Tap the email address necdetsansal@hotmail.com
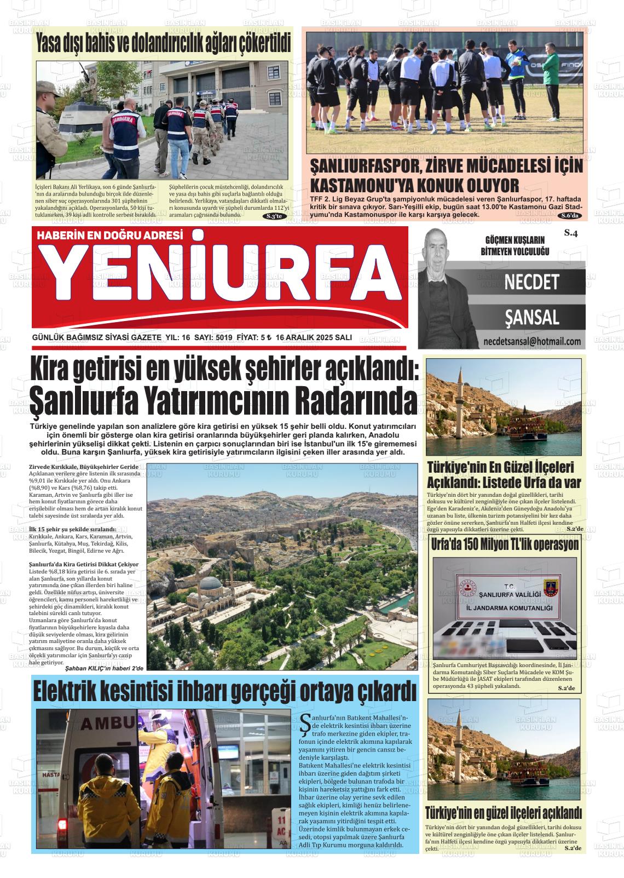532,341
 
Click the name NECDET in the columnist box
531,282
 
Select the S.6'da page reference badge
570,216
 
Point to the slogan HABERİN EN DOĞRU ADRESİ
109,236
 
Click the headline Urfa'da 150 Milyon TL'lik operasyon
505,545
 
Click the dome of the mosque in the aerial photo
212,584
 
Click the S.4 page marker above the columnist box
571,234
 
